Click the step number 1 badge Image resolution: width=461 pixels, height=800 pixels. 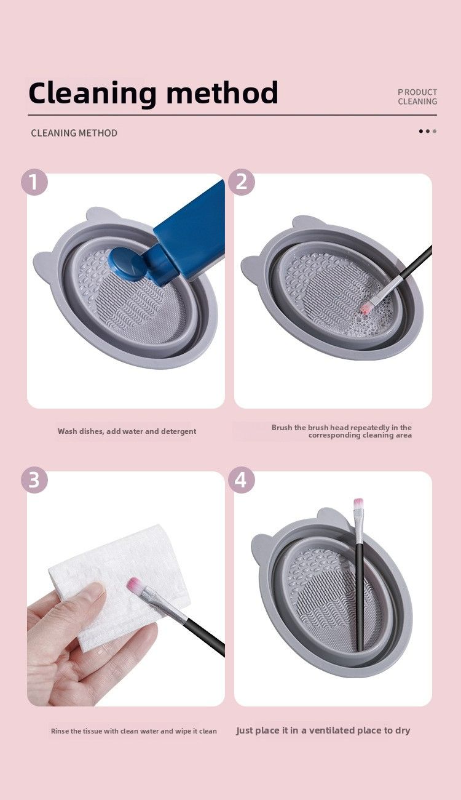coord(34,182)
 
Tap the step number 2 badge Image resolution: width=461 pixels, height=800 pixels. coord(241,182)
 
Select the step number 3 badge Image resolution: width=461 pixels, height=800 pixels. coord(34,480)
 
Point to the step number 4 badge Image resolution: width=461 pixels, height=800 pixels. coord(241,480)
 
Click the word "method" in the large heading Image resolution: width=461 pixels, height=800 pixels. coord(223,94)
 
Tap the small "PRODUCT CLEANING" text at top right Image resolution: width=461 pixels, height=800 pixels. coord(417,97)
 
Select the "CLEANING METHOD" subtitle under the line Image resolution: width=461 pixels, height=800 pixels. coord(74,133)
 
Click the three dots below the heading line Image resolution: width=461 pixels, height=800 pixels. coord(427,131)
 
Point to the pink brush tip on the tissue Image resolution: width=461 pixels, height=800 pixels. coord(134,585)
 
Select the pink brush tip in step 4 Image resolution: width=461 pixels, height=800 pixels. coord(358,505)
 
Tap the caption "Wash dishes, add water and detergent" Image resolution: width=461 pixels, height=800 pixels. coord(127,431)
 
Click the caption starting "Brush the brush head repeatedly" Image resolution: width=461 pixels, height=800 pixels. coord(342,431)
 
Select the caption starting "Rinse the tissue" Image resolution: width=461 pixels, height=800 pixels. coord(133,731)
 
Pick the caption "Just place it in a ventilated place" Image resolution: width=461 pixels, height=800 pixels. coord(323,730)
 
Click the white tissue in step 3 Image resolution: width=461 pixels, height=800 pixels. coord(117,566)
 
